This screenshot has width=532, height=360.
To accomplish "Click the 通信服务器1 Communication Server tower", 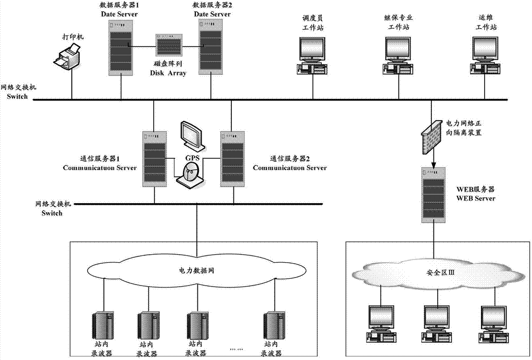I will click(x=153, y=157).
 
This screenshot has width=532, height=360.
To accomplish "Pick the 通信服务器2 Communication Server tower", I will click(x=232, y=157).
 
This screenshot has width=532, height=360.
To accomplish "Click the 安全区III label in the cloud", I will click(x=435, y=273).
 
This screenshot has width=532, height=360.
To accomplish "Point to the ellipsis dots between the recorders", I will click(x=235, y=348).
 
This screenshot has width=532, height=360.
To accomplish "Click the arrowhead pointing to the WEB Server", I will click(x=432, y=163).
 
